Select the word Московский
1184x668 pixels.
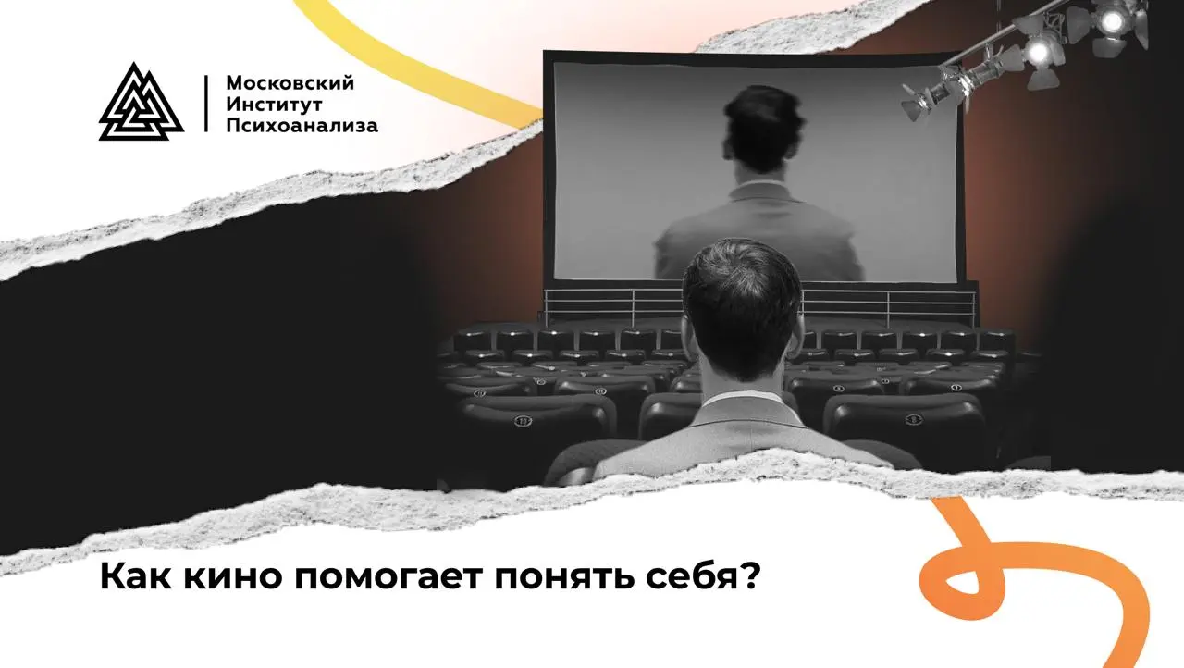click(290, 83)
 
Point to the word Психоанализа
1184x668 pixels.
click(302, 126)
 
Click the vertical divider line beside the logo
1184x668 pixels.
click(205, 103)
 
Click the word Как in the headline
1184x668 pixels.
click(129, 577)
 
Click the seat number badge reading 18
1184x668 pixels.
click(524, 420)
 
